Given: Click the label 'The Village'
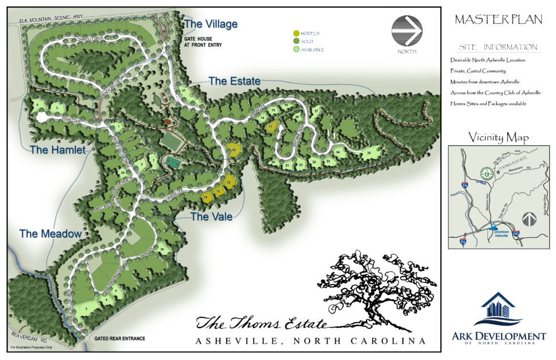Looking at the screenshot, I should (210, 24).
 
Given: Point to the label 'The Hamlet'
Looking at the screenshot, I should (57, 150).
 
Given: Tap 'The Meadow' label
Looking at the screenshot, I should (50, 233).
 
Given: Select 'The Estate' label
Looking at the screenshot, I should (234, 81).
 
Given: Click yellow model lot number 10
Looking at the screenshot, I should (233, 150).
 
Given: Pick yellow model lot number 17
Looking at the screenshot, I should (272, 127).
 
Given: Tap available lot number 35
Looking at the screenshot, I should (369, 153).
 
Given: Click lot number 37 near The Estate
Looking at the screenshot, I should (184, 90).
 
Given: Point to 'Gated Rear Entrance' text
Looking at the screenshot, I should (120, 338).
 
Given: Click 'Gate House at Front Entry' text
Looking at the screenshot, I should (202, 41).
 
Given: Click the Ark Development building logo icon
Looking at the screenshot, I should (497, 310).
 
